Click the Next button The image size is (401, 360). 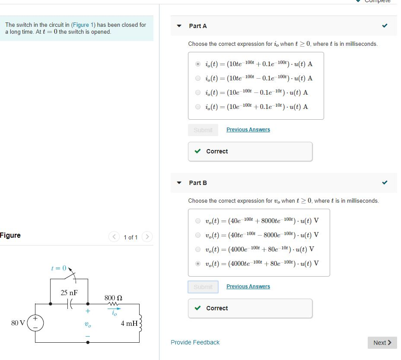(x=382, y=343)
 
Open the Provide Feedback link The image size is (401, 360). (x=195, y=342)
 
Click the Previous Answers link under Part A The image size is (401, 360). (x=248, y=130)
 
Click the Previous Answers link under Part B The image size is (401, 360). (x=248, y=287)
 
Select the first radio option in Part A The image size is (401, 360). (x=198, y=64)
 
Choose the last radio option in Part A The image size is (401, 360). (x=198, y=107)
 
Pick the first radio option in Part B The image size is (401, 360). (x=198, y=221)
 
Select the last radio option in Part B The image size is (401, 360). (x=198, y=264)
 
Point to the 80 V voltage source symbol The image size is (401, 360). (x=35, y=323)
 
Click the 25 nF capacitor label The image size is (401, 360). (x=69, y=293)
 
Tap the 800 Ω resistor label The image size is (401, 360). (x=113, y=298)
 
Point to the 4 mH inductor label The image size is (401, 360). (x=129, y=323)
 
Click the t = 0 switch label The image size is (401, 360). (x=58, y=268)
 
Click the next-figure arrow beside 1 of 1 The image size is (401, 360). (x=147, y=237)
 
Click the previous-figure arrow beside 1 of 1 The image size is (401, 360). (x=114, y=237)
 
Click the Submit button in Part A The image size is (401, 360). (x=203, y=130)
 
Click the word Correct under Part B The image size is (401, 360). (x=217, y=308)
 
